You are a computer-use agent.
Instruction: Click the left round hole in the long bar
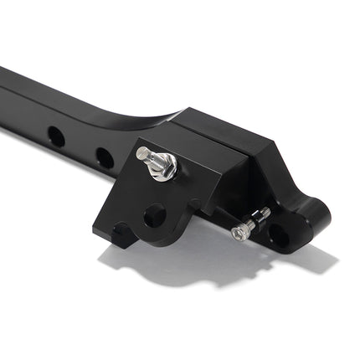pos(56,135)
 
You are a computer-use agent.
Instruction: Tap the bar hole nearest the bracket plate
pos(104,157)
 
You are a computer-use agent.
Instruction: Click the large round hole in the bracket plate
pos(154,215)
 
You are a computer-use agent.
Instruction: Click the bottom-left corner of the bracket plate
pos(114,244)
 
